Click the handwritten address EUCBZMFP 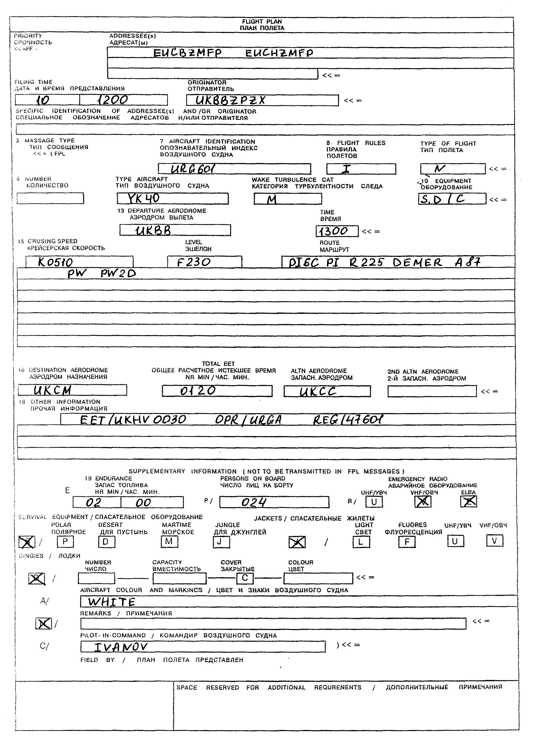click(x=187, y=53)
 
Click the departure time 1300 click(x=333, y=231)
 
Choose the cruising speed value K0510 click(x=55, y=262)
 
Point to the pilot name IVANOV click(x=121, y=647)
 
